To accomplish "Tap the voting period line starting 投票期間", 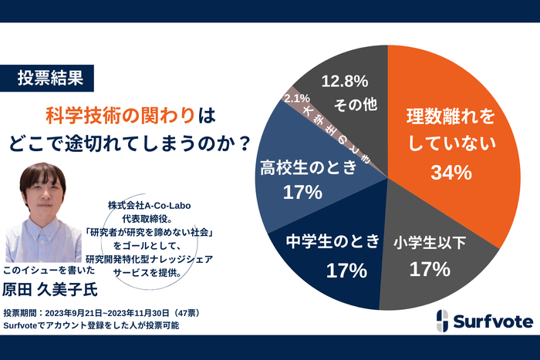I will coord(101,313).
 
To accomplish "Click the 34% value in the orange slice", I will coord(451,173).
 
